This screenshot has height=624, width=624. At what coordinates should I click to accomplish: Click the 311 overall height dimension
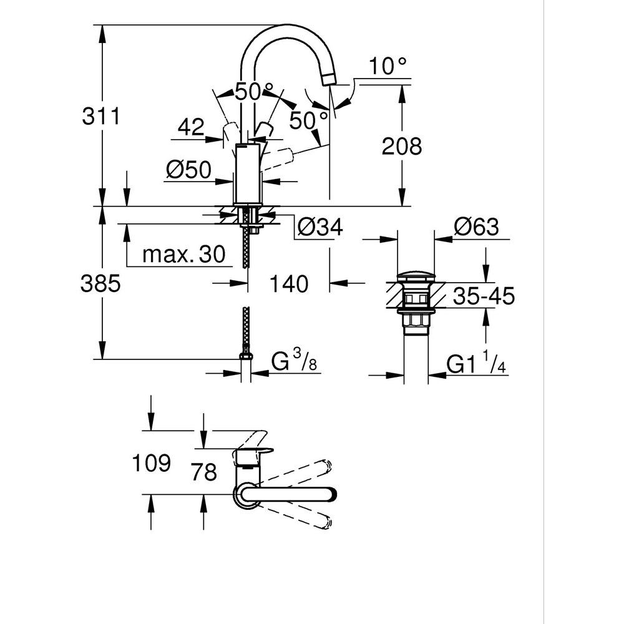[100, 116]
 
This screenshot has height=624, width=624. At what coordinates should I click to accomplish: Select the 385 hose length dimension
[100, 284]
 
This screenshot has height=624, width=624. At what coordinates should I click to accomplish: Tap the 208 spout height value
[402, 147]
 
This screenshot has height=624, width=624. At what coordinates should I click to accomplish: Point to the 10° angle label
[388, 66]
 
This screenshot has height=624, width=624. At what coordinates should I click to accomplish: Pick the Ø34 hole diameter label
[320, 228]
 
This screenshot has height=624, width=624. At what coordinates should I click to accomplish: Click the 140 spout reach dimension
[289, 284]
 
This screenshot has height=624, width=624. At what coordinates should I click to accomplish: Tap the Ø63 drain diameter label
[476, 227]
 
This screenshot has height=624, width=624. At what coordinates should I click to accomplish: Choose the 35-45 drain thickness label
[484, 296]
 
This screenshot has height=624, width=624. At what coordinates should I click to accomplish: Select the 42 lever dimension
[191, 127]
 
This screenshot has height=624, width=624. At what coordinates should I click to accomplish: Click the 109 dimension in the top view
[151, 463]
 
